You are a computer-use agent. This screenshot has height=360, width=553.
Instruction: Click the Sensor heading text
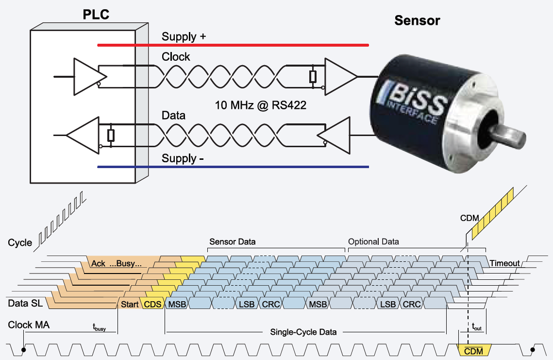(x=417, y=20)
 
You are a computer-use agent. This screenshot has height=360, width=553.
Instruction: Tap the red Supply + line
(x=233, y=45)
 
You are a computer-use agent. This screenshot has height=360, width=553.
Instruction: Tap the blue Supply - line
(x=233, y=167)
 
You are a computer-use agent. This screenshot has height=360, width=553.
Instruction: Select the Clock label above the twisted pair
(x=176, y=57)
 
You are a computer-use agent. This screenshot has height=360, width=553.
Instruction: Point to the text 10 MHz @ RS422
(x=261, y=105)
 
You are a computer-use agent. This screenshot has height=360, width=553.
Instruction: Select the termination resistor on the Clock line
(x=313, y=77)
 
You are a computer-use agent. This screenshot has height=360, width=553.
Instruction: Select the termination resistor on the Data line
(x=111, y=135)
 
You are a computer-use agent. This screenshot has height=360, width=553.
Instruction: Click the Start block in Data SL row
(x=129, y=304)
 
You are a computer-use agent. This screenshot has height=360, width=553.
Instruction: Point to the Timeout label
(x=504, y=263)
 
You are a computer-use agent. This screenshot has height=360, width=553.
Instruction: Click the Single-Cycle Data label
(x=303, y=332)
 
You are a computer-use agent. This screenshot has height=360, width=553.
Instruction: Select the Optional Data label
(x=373, y=241)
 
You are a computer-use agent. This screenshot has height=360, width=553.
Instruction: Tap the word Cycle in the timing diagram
(x=20, y=242)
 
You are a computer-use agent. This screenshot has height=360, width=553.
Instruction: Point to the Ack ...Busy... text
(x=116, y=264)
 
